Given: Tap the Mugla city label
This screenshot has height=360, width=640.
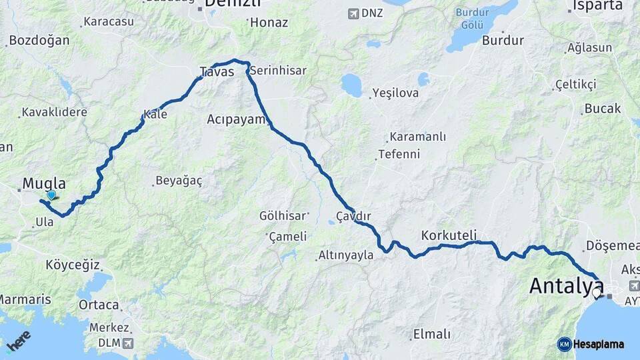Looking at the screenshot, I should (44, 183).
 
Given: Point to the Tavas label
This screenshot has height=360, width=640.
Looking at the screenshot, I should (217, 71).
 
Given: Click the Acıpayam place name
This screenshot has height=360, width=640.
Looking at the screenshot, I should (236, 119).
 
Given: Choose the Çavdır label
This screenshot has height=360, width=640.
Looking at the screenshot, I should (353, 217).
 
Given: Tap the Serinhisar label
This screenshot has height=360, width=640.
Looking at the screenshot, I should (278, 70).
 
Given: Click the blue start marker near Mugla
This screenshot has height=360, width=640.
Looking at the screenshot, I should (51, 195).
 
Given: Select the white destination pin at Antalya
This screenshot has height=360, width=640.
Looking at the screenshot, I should (597, 292).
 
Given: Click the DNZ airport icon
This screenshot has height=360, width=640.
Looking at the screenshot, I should (353, 13).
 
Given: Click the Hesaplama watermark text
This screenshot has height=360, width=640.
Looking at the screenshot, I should (598, 345).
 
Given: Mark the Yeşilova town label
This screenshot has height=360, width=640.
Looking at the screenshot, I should (395, 93).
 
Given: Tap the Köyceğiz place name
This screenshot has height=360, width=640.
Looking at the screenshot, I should (73, 265).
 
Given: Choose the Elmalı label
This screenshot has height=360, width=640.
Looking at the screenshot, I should (432, 334).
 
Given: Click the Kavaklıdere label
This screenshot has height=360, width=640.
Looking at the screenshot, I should (54, 112).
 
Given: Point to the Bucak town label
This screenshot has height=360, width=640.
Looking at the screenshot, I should (602, 108).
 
